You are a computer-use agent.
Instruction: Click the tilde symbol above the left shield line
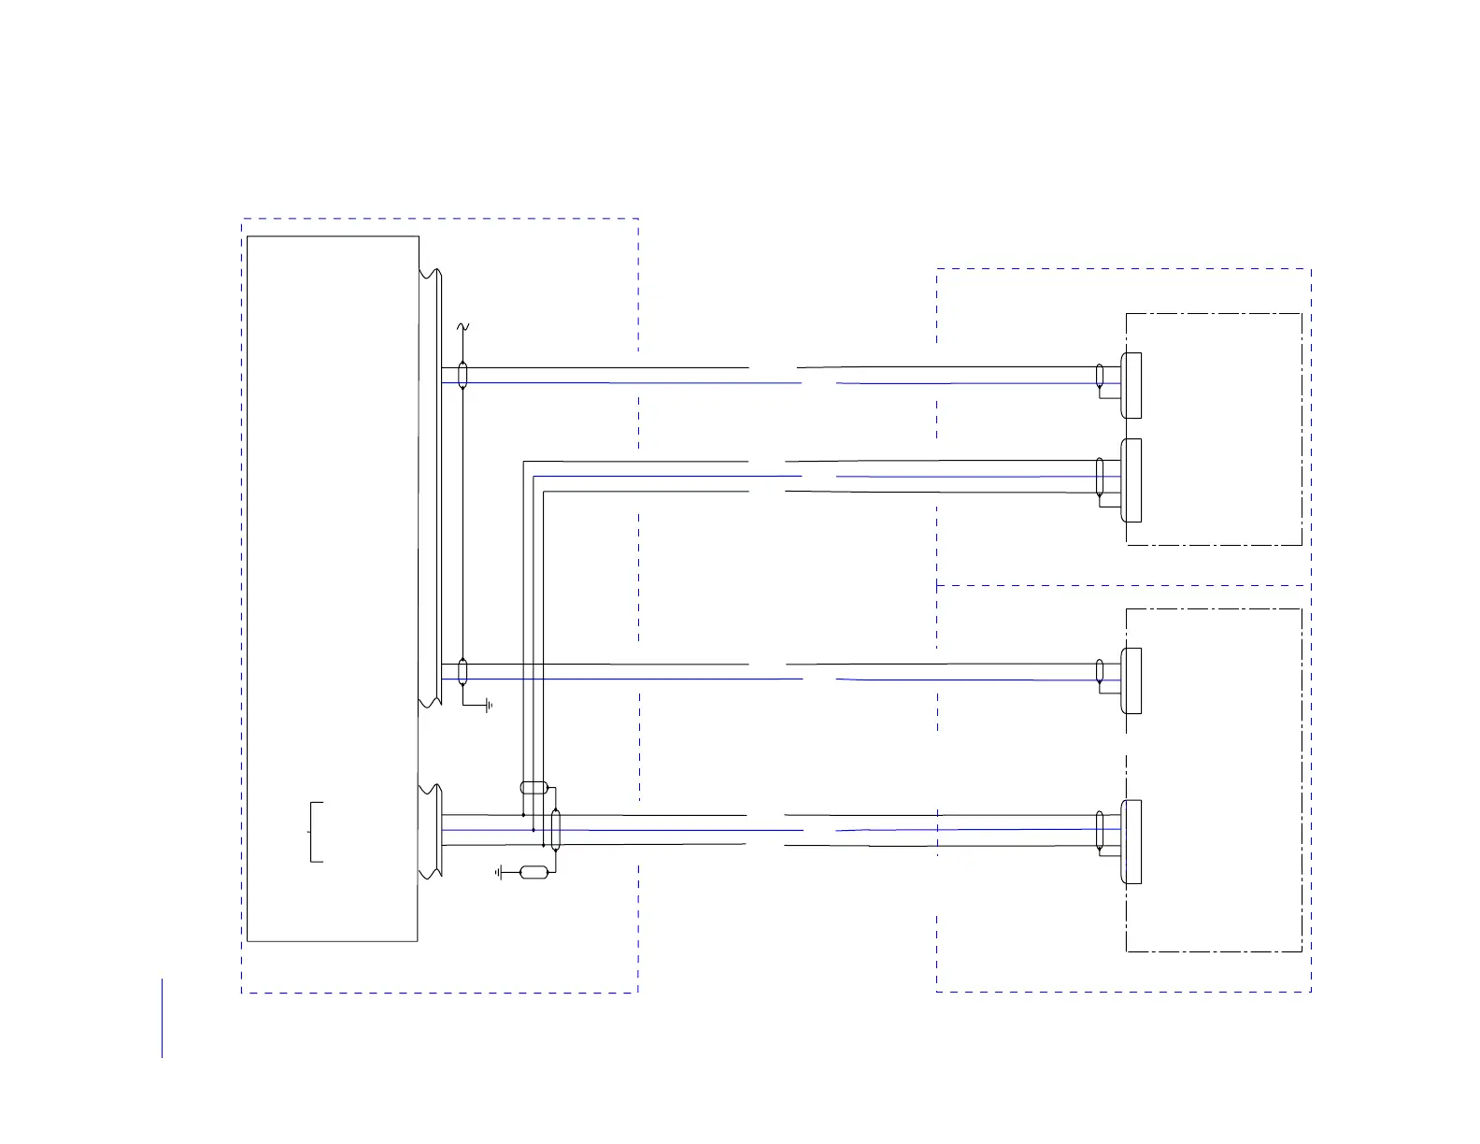click(x=462, y=327)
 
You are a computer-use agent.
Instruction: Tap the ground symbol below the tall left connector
click(x=487, y=707)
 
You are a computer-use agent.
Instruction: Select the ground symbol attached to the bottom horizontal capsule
click(x=501, y=873)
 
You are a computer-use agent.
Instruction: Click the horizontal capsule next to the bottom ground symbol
click(x=533, y=873)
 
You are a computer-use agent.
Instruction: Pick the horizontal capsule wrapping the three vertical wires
click(x=533, y=787)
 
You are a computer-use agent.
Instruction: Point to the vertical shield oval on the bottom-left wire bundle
click(x=556, y=830)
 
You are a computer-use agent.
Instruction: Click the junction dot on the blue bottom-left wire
click(x=533, y=830)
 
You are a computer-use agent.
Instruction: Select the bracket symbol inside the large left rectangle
click(x=316, y=832)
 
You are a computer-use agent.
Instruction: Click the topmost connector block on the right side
click(x=1131, y=385)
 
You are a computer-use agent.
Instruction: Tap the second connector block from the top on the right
click(x=1131, y=480)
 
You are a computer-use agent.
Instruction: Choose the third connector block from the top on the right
click(x=1131, y=680)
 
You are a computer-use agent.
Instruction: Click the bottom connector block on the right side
click(x=1131, y=841)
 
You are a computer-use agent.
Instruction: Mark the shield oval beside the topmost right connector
click(x=1100, y=376)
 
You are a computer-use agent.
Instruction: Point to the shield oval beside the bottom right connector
click(x=1100, y=830)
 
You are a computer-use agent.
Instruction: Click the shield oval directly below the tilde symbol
click(x=462, y=375)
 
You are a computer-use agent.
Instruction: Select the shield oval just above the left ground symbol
click(x=462, y=671)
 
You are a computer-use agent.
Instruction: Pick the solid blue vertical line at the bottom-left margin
click(x=162, y=1018)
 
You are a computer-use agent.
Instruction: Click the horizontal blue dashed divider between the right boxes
click(x=1121, y=585)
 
